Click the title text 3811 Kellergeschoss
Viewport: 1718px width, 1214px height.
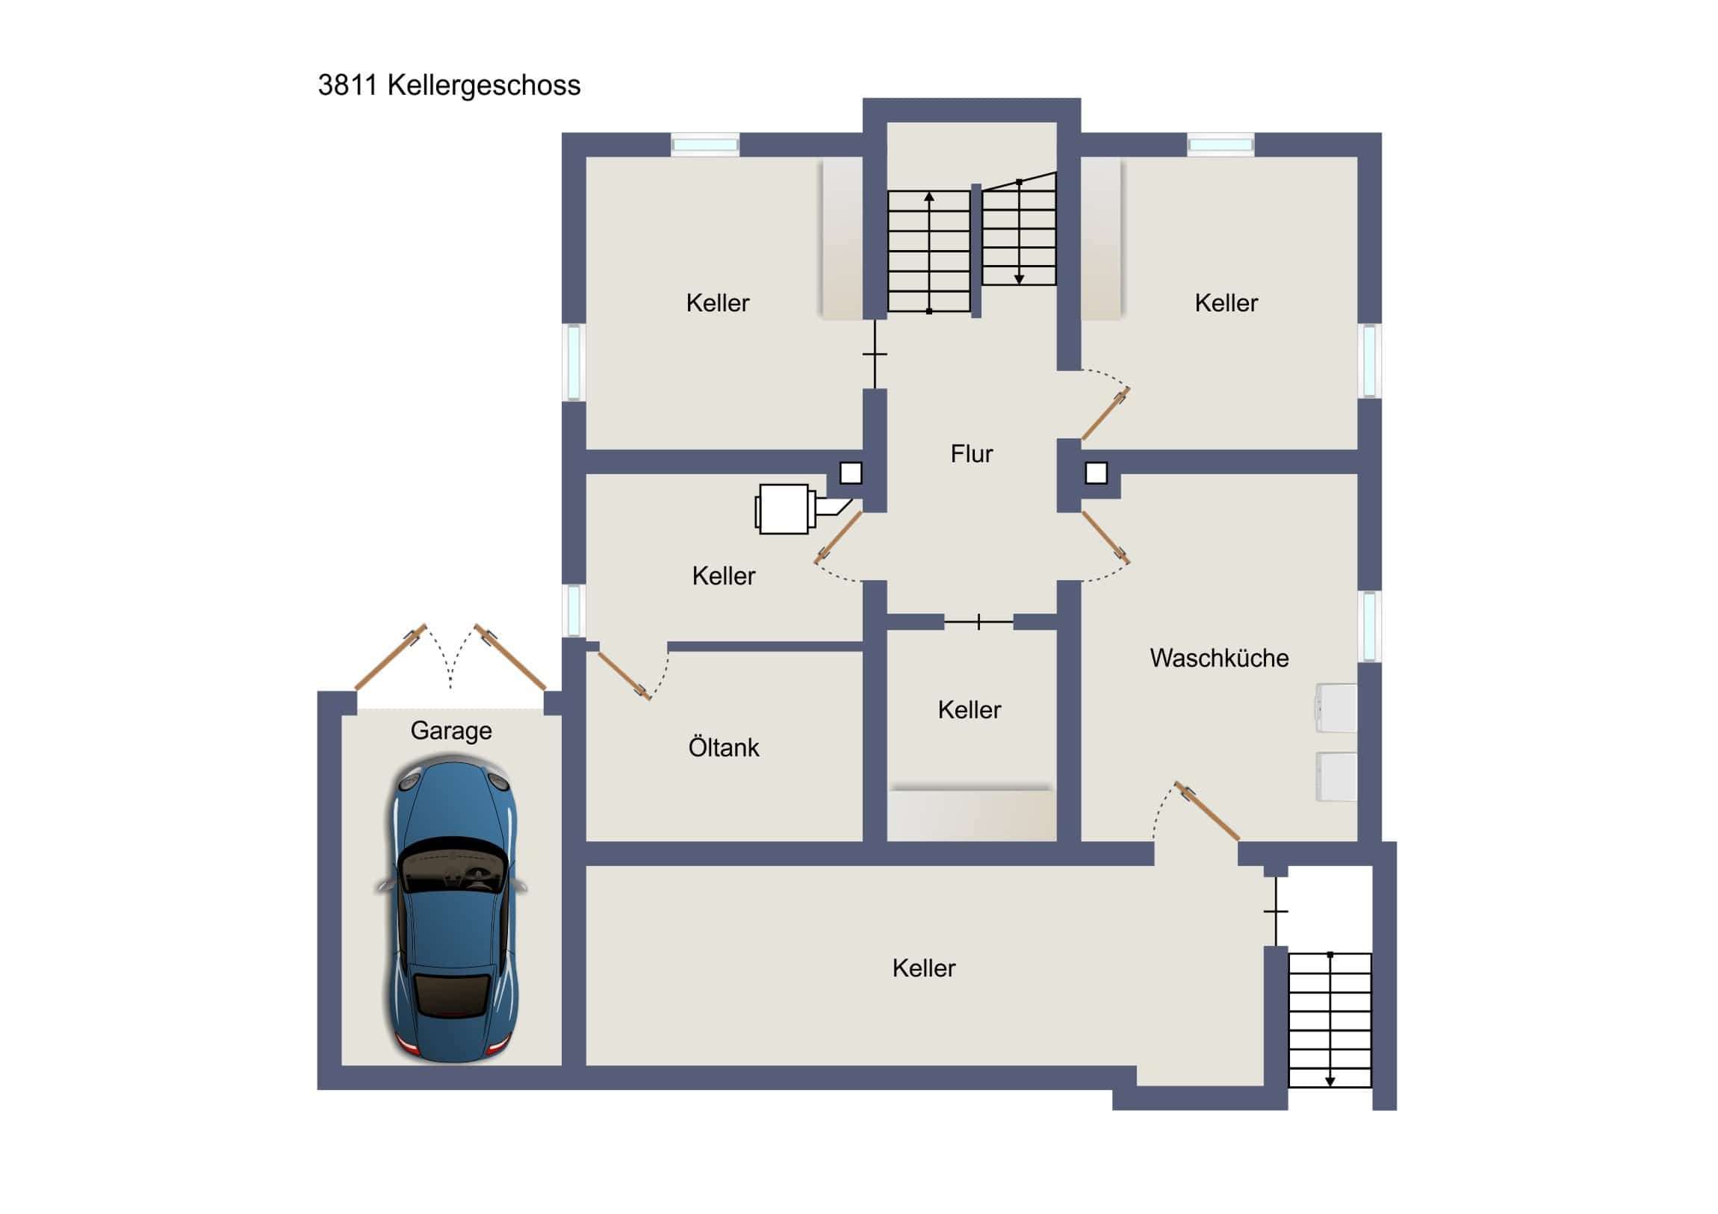pyautogui.click(x=449, y=85)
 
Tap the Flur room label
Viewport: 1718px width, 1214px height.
pyautogui.click(x=971, y=453)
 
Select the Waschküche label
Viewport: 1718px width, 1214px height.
pyautogui.click(x=1219, y=658)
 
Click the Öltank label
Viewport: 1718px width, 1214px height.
pyautogui.click(x=724, y=747)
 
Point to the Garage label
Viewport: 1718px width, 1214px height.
pyautogui.click(x=451, y=730)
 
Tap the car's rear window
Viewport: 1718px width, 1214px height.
pyautogui.click(x=452, y=994)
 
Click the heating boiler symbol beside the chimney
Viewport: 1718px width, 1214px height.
pyautogui.click(x=784, y=508)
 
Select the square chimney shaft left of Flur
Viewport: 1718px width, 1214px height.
pyautogui.click(x=851, y=473)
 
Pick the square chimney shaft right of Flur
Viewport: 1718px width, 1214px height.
pyautogui.click(x=1096, y=473)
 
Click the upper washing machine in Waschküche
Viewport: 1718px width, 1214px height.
pyautogui.click(x=1337, y=708)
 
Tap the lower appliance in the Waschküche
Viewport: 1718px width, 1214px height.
pyautogui.click(x=1337, y=776)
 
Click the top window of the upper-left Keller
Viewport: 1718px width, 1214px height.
pyautogui.click(x=705, y=144)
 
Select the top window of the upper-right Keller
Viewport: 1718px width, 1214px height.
pyautogui.click(x=1221, y=144)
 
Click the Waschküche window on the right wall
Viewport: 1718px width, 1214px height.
pyautogui.click(x=1368, y=626)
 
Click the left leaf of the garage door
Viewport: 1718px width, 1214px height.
pyautogui.click(x=390, y=658)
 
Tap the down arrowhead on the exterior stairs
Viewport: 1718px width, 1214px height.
pyautogui.click(x=1330, y=1081)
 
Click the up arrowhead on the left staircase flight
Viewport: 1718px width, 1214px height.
pyautogui.click(x=928, y=197)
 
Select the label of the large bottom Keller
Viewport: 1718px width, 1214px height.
pyautogui.click(x=923, y=968)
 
